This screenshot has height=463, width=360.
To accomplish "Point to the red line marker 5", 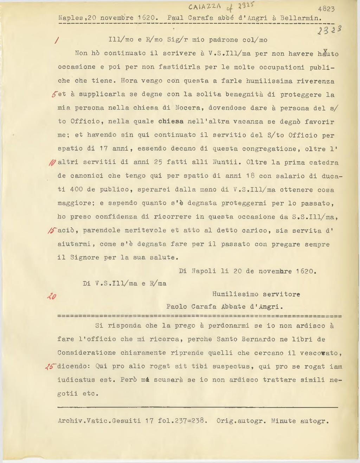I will pos(54,94).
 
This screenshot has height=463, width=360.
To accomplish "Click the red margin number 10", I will pos(52,163).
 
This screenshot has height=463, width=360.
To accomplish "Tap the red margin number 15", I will pos(51,230).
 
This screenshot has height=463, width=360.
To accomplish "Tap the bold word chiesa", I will pos(171,122).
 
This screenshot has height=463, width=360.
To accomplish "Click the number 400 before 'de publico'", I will pos(76,190).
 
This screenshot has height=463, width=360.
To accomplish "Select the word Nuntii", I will pos(227,163).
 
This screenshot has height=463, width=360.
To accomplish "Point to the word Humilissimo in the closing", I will pos(235,294).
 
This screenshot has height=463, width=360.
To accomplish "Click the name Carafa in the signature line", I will pos(204,307).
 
